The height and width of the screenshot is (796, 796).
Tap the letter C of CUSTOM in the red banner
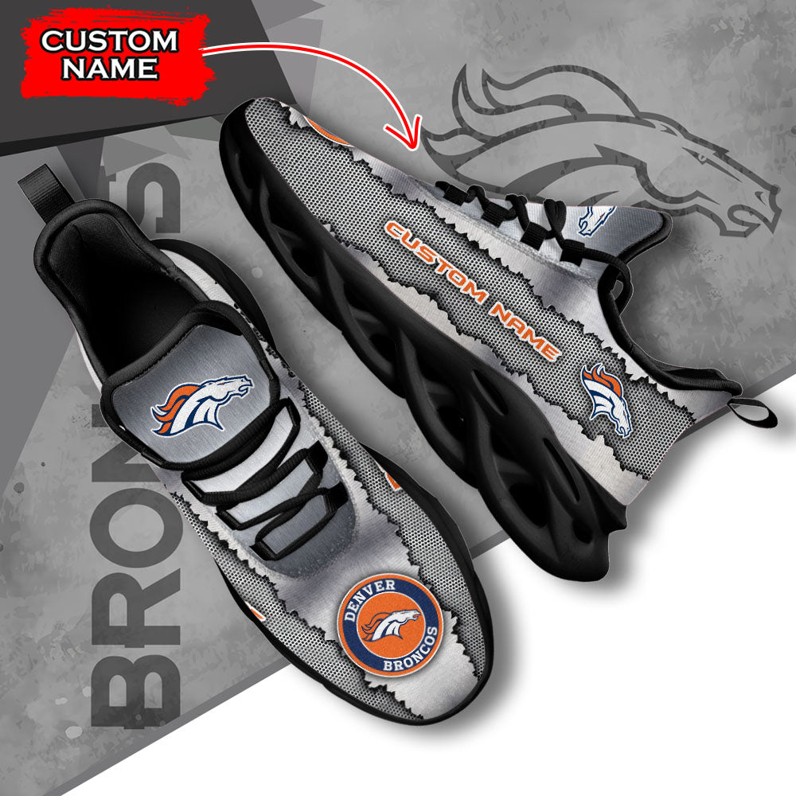point(52,41)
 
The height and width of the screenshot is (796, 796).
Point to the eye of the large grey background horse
point(702,158)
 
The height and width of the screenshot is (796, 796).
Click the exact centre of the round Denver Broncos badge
point(390,624)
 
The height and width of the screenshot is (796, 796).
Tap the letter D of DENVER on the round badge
point(349,616)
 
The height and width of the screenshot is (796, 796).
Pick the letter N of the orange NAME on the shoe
point(501,311)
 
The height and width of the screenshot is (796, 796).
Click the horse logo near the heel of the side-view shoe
point(607,400)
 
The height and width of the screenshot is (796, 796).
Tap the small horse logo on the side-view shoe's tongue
point(596,220)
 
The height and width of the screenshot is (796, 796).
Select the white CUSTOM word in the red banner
point(109,41)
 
